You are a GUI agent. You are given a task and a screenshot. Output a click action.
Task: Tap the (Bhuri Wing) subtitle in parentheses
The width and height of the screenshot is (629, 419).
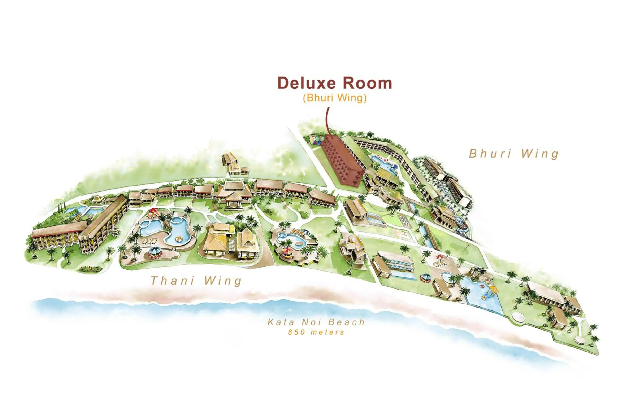(335, 98)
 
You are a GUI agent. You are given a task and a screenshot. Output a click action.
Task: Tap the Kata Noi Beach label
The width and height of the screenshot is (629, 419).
(316, 322)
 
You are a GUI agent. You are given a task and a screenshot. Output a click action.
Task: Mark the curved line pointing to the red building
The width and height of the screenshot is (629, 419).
(328, 120)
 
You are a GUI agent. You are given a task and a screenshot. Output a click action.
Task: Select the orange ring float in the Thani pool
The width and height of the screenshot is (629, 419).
(178, 239)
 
